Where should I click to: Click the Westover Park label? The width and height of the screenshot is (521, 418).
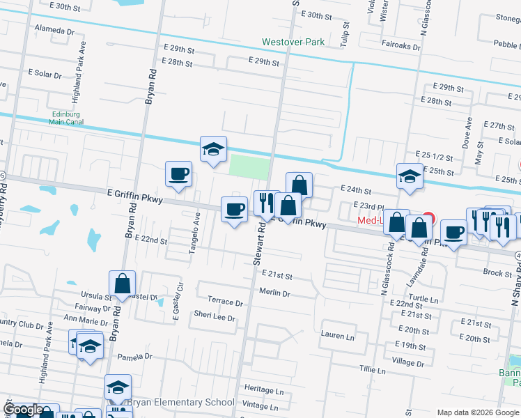pyautogui.click(x=293, y=42)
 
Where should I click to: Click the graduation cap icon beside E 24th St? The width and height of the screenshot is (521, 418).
pyautogui.click(x=410, y=178)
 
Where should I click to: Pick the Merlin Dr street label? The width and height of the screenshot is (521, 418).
pyautogui.click(x=274, y=294)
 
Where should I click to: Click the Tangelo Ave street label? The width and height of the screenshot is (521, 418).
pyautogui.click(x=196, y=233)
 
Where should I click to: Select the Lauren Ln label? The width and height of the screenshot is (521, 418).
pyautogui.click(x=338, y=336)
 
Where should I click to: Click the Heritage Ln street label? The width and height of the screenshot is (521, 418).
pyautogui.click(x=264, y=387)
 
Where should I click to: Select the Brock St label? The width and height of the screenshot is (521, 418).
pyautogui.click(x=498, y=274)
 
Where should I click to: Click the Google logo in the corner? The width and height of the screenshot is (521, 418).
pyautogui.click(x=23, y=410)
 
